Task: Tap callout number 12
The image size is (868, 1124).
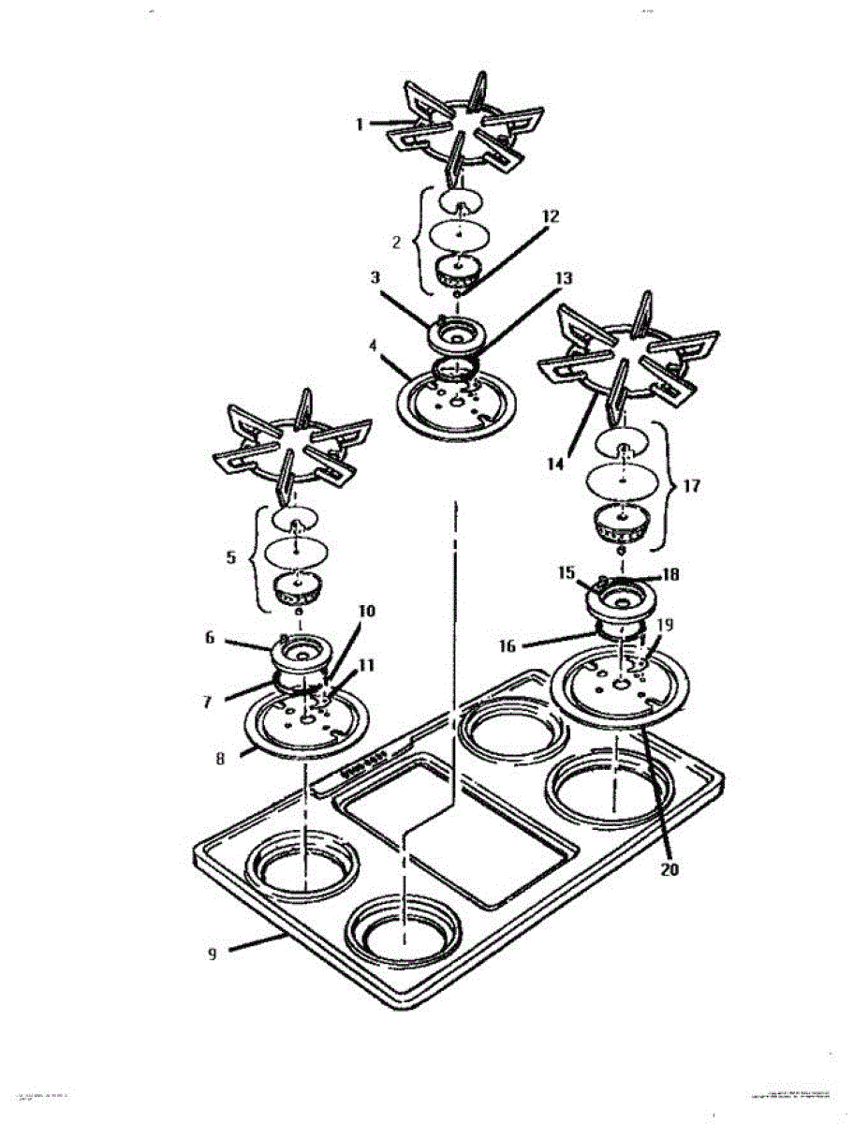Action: pos(550,217)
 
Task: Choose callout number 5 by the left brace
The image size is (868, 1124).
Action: pos(230,556)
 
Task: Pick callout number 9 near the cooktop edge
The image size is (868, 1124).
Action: pos(213,953)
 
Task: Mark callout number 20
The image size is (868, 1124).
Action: pos(668,868)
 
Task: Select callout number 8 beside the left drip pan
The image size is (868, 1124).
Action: pos(221,760)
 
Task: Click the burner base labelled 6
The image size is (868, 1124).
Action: pos(299,651)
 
